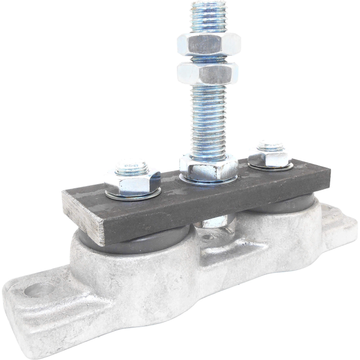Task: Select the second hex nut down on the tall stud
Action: pos(208,73)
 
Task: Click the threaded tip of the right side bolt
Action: pos(271,146)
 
